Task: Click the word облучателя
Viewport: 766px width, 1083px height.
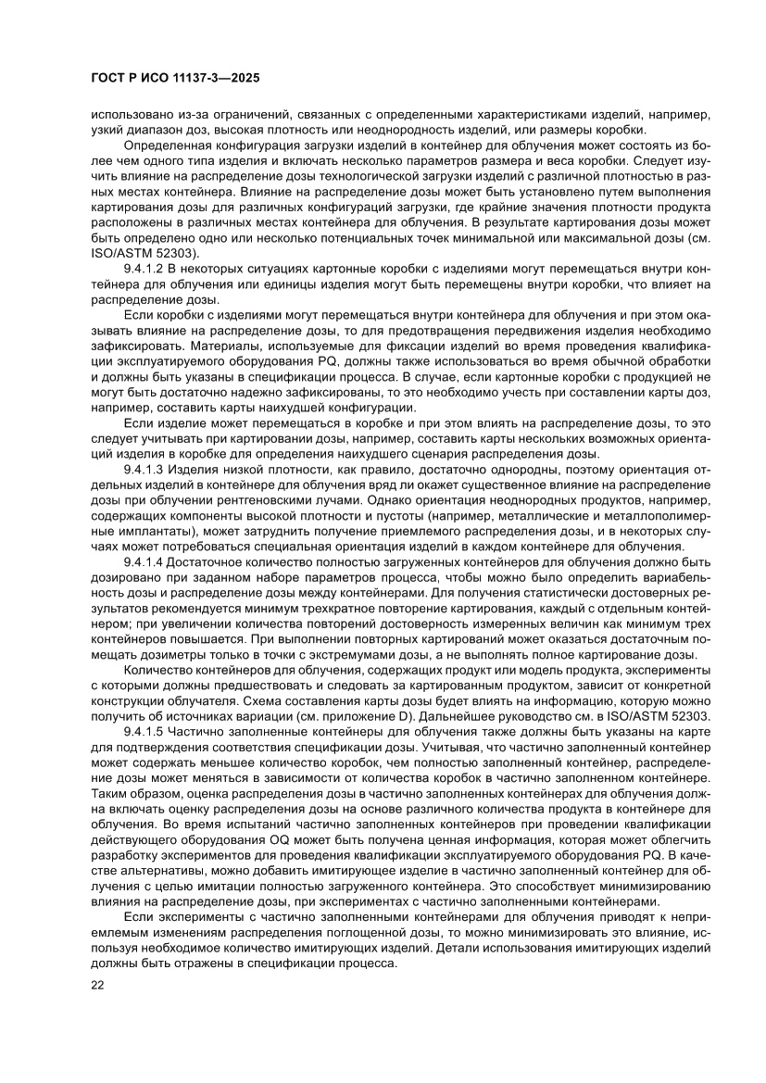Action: click(221, 701)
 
